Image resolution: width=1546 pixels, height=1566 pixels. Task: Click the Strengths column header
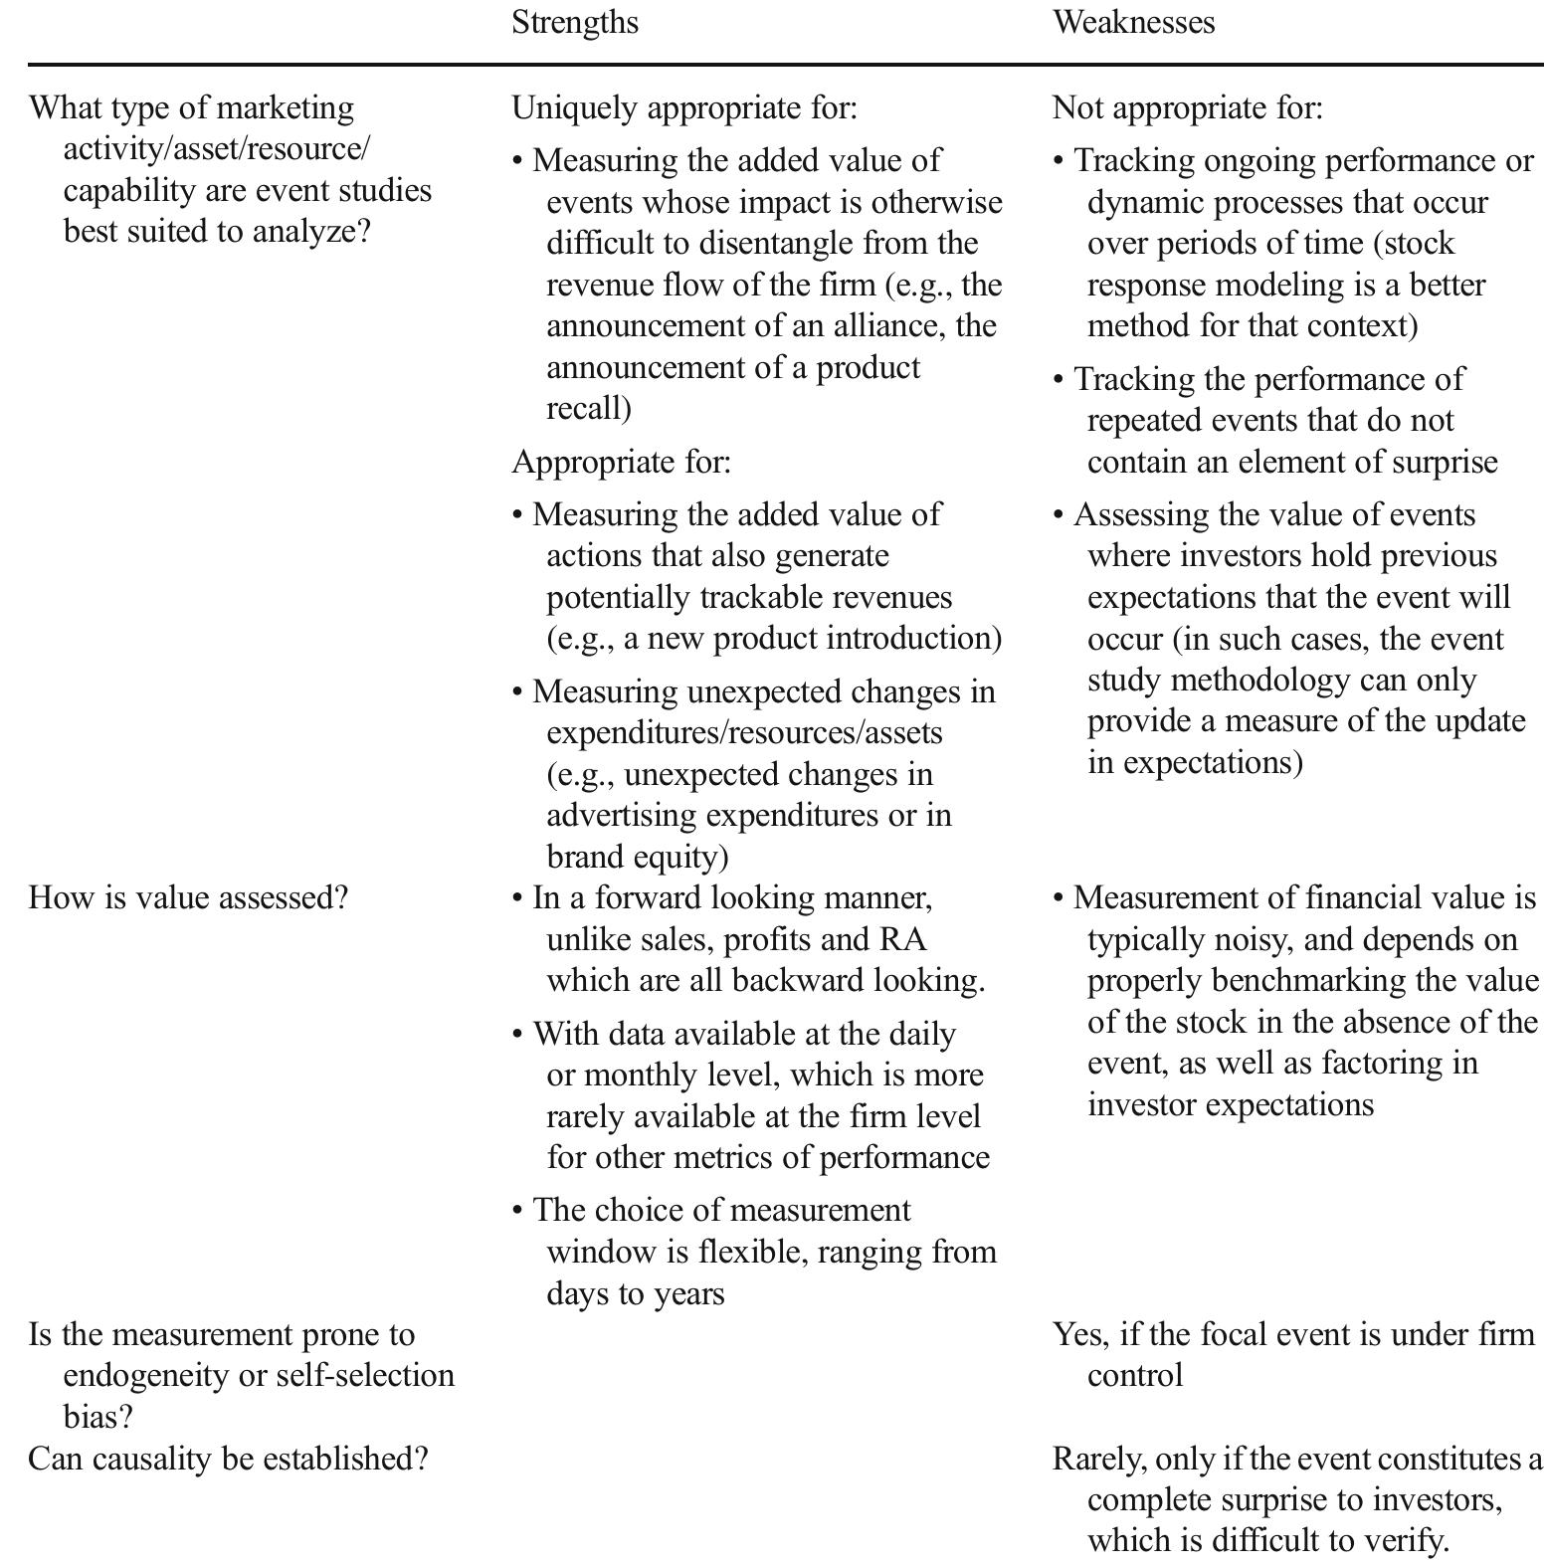click(575, 22)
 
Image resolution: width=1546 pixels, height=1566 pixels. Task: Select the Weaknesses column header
click(1133, 22)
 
